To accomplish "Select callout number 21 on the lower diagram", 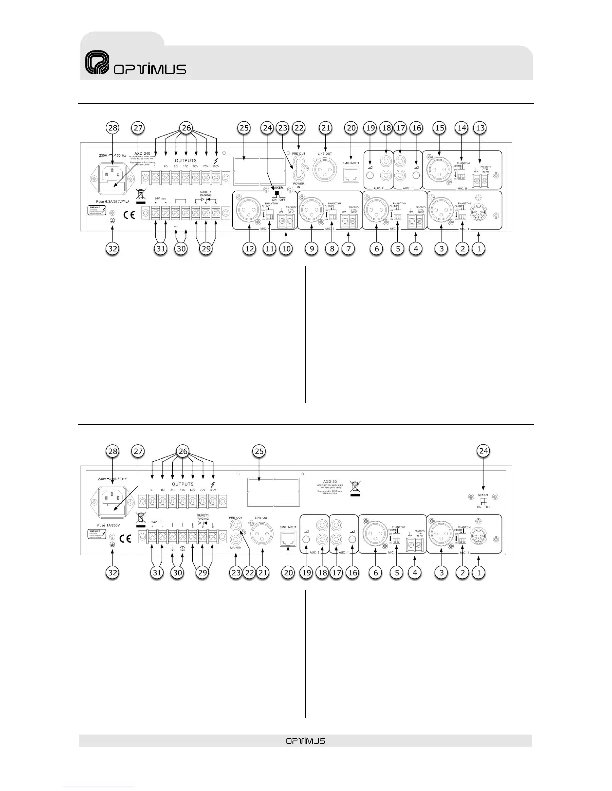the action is pyautogui.click(x=263, y=573).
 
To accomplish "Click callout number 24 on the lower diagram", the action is pyautogui.click(x=484, y=452).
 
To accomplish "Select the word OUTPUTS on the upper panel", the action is pyautogui.click(x=185, y=161).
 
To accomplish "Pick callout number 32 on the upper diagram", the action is pyautogui.click(x=113, y=248).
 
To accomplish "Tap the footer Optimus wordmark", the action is pyautogui.click(x=306, y=741).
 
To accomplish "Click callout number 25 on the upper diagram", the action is pyautogui.click(x=244, y=128).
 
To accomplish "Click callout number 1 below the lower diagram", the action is pyautogui.click(x=479, y=573).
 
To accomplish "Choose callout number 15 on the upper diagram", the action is pyautogui.click(x=439, y=128).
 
